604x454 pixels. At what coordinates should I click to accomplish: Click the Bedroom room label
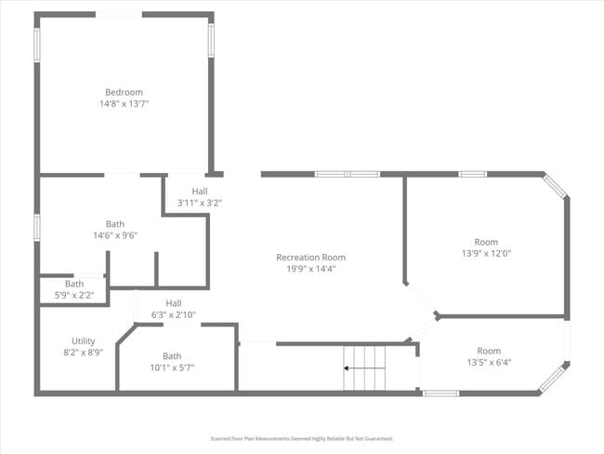(x=124, y=92)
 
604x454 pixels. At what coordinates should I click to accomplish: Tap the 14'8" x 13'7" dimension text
(x=124, y=104)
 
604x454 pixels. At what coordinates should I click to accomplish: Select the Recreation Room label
(x=310, y=258)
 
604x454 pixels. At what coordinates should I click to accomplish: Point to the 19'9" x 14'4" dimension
(x=310, y=269)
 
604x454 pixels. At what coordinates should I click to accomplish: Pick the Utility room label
(x=83, y=341)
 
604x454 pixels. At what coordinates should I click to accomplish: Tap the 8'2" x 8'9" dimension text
(x=83, y=353)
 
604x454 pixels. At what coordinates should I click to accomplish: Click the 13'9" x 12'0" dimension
(x=486, y=253)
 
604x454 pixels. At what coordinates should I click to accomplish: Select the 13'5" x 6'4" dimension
(x=488, y=362)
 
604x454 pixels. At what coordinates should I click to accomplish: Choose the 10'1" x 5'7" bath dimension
(x=172, y=367)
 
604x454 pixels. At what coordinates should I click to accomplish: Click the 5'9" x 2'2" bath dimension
(x=74, y=295)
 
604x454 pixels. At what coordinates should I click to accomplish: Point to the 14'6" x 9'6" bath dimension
(x=114, y=235)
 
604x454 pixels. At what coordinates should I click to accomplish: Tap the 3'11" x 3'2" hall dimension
(x=200, y=202)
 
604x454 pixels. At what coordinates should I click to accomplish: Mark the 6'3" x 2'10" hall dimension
(x=174, y=314)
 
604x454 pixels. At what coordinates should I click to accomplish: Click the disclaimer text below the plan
(x=302, y=438)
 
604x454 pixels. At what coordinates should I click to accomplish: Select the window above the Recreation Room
(x=347, y=174)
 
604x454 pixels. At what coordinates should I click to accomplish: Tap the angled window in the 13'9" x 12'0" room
(x=556, y=186)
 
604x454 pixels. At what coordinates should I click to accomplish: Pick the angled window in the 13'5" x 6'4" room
(x=553, y=377)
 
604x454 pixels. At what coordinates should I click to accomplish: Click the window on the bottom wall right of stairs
(x=440, y=394)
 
